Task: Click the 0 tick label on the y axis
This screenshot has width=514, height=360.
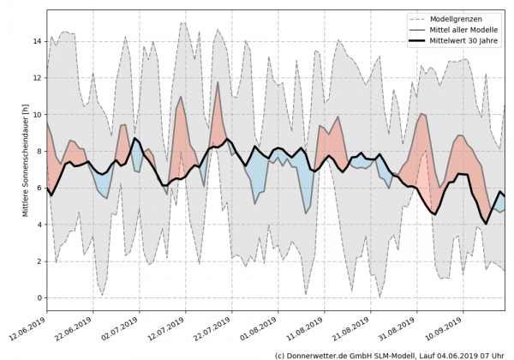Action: tap(39, 298)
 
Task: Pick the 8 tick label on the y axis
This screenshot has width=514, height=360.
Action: tap(39, 152)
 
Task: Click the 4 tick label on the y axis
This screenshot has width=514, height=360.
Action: tap(39, 225)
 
